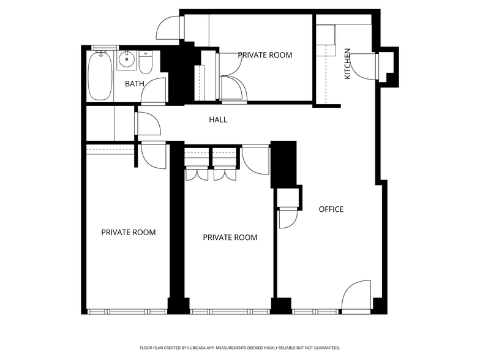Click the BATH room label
click(135, 84)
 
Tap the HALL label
click(218, 120)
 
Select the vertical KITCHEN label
click(347, 64)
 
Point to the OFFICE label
click(331, 209)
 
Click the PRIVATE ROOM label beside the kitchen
click(264, 55)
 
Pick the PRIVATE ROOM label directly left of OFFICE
click(230, 238)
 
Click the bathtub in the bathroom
click(100, 77)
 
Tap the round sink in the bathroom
click(127, 59)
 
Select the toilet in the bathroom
click(144, 62)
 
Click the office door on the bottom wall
click(356, 297)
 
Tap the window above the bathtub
click(103, 48)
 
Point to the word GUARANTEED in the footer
click(324, 347)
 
